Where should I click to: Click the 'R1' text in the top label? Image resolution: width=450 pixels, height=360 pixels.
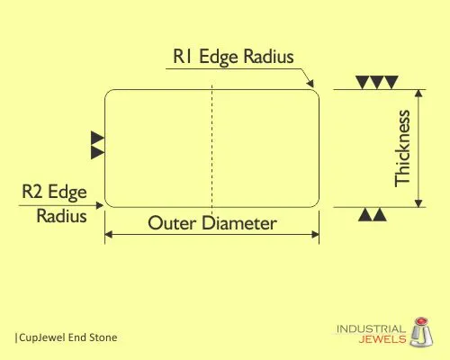coord(183,56)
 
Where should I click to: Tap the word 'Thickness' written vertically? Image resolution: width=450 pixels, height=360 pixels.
coord(402,148)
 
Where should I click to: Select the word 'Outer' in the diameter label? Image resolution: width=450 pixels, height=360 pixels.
coord(172,223)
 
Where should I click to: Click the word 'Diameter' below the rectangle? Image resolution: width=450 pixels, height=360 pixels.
coord(238,223)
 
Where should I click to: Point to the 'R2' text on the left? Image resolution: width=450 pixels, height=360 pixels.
coord(32,191)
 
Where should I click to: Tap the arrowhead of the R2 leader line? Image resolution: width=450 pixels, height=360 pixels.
coord(100,205)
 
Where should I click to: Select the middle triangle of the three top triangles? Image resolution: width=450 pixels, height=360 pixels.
coord(377,82)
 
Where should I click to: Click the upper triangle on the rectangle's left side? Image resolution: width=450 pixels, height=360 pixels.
coord(97,138)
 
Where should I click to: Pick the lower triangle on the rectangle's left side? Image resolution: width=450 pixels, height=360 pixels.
coord(97,152)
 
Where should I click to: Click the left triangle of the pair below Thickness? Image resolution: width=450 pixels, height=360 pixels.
coord(364,214)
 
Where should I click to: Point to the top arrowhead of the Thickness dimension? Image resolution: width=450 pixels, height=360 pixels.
coord(418,93)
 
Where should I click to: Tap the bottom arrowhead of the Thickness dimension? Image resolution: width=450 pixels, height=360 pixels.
coord(418,203)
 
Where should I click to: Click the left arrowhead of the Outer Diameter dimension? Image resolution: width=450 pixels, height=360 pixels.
coord(108,234)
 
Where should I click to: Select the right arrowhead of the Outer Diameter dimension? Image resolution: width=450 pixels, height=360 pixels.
coord(315,234)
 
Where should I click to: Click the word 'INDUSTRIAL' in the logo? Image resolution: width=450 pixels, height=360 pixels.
coord(371,329)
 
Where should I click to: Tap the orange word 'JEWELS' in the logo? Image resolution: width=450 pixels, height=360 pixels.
coord(382,339)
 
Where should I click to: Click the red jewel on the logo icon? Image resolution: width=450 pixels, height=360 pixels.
coord(422,320)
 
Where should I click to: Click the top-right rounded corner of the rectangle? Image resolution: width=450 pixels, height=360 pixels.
coord(316,92)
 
